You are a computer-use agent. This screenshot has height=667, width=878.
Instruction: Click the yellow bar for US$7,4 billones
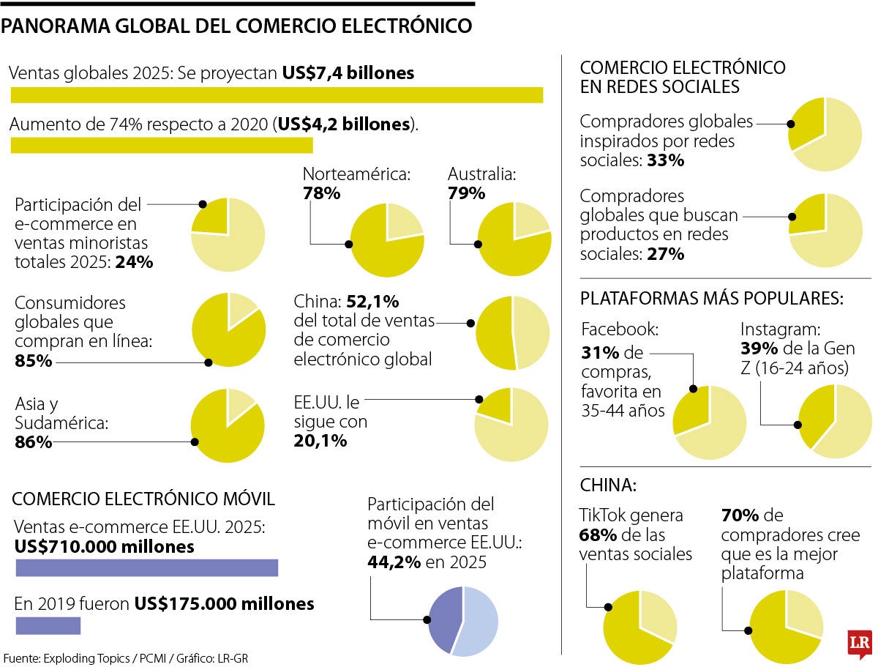coord(277,95)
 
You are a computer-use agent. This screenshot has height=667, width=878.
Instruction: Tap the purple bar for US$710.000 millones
coord(147,567)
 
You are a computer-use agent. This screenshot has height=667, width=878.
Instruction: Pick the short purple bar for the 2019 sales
coord(48,625)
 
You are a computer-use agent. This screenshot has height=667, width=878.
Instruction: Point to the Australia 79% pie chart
coord(514,240)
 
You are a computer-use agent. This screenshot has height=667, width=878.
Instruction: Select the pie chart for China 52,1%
coord(512,333)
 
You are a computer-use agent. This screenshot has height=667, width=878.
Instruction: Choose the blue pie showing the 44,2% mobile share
coord(463,621)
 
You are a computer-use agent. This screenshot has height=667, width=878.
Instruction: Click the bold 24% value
coord(135,261)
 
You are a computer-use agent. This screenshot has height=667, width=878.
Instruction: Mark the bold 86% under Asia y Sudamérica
coord(34,442)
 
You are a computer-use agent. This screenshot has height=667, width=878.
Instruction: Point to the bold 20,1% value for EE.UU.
coord(320,441)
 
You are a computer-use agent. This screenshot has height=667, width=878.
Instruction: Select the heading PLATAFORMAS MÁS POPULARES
coord(712,299)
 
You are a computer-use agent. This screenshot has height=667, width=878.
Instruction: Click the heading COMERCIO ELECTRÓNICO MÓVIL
coord(144,499)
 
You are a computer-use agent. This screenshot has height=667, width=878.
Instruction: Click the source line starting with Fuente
coord(125,658)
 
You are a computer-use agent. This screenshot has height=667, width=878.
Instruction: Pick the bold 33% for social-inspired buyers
coord(666,160)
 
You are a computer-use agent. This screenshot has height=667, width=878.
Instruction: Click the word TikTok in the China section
coord(604,515)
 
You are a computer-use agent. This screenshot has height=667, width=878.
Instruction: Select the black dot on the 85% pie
coord(209,362)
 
